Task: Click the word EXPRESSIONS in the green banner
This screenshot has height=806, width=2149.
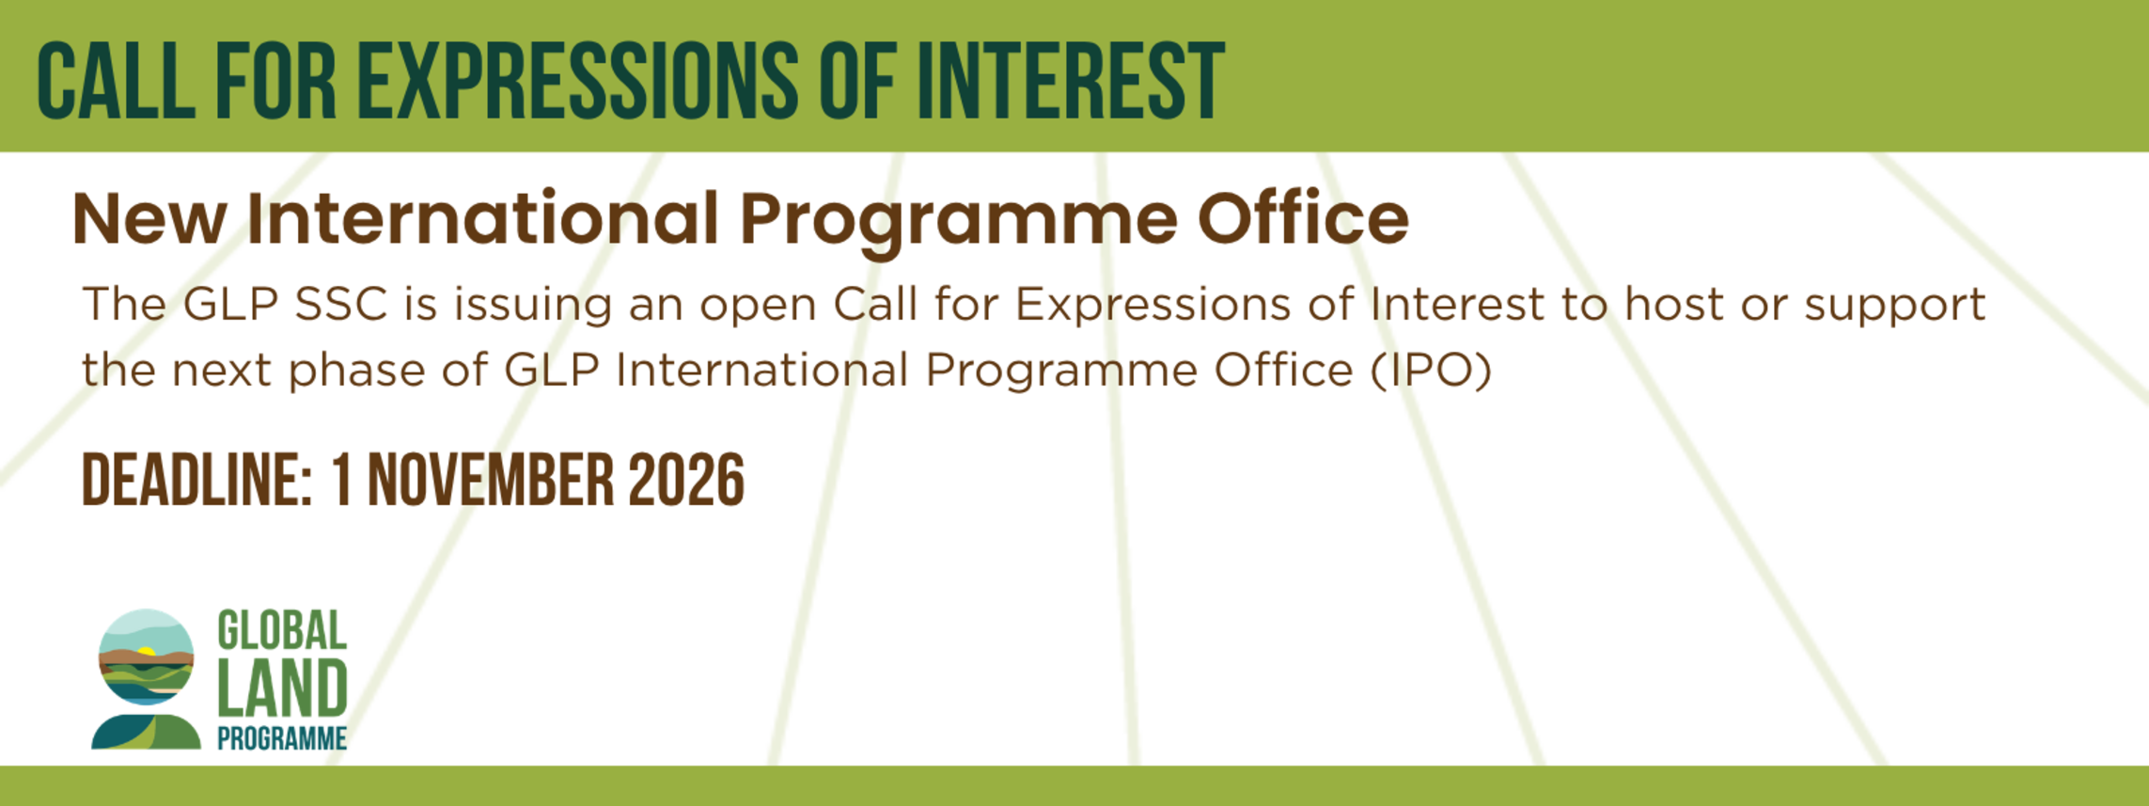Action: point(578,81)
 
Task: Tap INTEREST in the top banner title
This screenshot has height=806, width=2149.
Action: point(1071,81)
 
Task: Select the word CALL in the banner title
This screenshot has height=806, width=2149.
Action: point(116,81)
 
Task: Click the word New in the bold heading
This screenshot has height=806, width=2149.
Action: point(149,219)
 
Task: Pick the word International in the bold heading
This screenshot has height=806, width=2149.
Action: point(482,217)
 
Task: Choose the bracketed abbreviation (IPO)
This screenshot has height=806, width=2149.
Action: point(1431,371)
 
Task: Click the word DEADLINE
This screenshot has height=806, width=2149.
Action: point(196,481)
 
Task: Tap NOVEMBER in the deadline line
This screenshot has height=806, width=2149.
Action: point(490,481)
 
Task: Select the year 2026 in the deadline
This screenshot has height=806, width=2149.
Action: point(686,481)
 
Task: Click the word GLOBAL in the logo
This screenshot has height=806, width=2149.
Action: point(282,630)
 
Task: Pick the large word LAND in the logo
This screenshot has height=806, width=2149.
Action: point(282,688)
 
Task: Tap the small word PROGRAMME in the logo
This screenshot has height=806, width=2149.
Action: point(282,738)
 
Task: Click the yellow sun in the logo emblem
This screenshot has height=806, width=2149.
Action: point(145,651)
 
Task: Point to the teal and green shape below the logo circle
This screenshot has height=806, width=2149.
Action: point(146,732)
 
